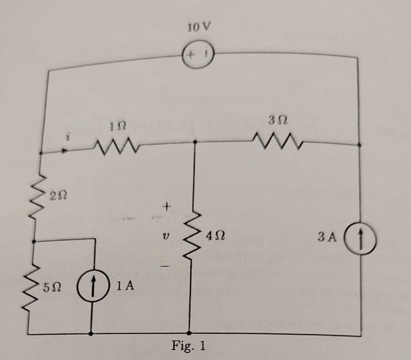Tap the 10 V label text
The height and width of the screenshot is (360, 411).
pos(198,28)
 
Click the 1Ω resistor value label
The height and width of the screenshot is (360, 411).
pos(115,124)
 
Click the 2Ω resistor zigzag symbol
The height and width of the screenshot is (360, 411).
pos(37,192)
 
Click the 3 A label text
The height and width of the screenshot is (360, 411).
pos(330,237)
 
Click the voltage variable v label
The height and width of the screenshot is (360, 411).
pos(166,236)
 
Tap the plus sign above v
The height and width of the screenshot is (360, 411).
pos(167,208)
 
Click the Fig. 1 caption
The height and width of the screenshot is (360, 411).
pos(189,346)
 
